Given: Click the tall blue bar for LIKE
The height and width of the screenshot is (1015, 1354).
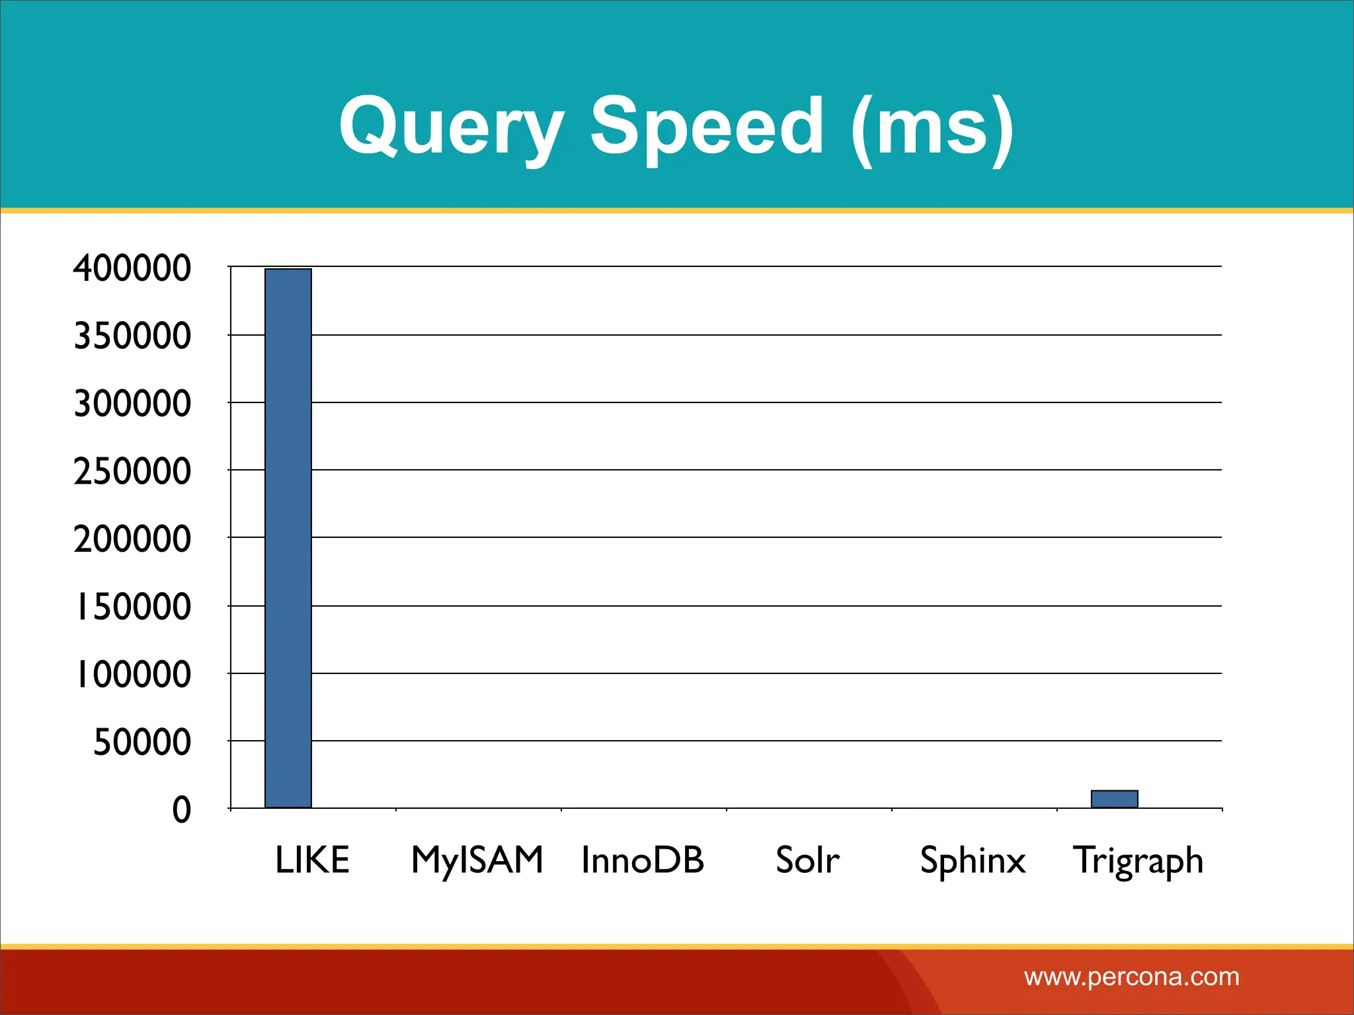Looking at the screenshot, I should (x=288, y=538).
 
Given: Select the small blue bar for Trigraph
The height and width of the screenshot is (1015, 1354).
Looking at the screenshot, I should (x=1114, y=799).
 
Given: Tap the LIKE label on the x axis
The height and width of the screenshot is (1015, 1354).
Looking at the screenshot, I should (x=312, y=860).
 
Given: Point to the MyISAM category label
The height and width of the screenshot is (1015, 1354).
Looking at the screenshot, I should (x=477, y=860).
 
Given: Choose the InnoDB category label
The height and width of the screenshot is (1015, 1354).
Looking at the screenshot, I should (x=643, y=860).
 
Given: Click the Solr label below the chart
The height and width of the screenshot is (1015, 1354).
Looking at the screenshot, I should (x=807, y=860).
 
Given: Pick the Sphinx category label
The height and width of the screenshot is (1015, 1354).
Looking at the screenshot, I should (x=973, y=861).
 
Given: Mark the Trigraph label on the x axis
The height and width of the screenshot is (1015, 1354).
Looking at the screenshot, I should (x=1138, y=861).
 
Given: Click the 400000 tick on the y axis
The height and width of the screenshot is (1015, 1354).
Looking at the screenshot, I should (x=132, y=268).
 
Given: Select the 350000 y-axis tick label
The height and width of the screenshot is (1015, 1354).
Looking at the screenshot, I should (x=132, y=336).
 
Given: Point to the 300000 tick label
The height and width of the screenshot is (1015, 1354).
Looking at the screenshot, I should (x=132, y=403).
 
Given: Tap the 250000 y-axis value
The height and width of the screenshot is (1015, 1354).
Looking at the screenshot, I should (x=132, y=471).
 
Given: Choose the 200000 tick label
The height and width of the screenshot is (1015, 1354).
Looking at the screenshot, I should (x=132, y=539).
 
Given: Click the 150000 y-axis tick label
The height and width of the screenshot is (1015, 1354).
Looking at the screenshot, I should (x=132, y=607).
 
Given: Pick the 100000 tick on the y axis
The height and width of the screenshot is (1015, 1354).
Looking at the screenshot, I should (x=132, y=674).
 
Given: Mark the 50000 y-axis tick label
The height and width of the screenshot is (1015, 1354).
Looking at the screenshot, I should (x=142, y=742).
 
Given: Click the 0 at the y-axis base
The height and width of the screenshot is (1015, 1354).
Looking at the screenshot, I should (x=182, y=809).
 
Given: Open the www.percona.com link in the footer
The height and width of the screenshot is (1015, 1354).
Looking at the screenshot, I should (x=1131, y=977).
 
